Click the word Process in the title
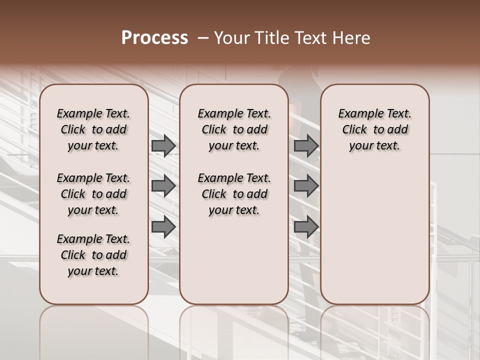click(x=154, y=38)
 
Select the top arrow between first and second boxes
click(x=163, y=146)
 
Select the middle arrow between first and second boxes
click(x=163, y=186)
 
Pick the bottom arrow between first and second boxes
click(x=163, y=227)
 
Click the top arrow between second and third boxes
click(x=306, y=146)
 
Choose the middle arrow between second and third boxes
click(x=306, y=186)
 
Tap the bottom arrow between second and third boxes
click(x=306, y=227)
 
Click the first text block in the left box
click(x=93, y=129)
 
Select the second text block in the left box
click(x=93, y=194)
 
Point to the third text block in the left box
click(x=93, y=255)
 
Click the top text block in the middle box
click(x=234, y=129)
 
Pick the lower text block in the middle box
click(x=234, y=194)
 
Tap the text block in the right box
click(x=374, y=129)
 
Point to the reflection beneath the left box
click(x=94, y=330)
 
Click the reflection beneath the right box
click(x=374, y=330)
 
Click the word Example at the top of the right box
click(x=357, y=114)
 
